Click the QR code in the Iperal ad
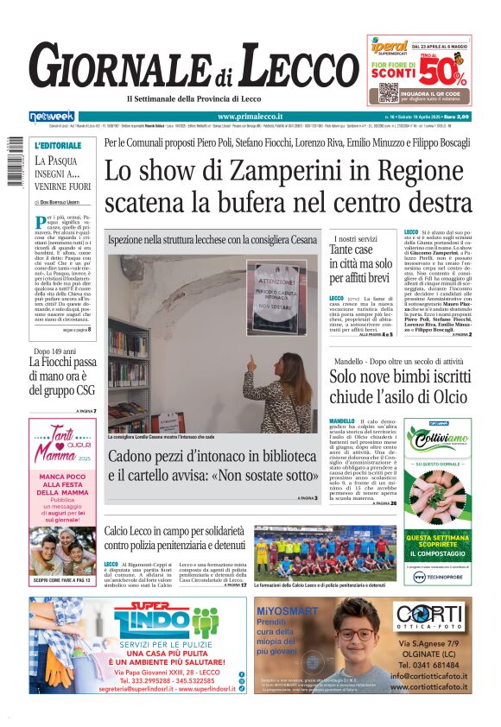point(388,92)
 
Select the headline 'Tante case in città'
point(361,262)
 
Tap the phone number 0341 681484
point(435,665)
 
